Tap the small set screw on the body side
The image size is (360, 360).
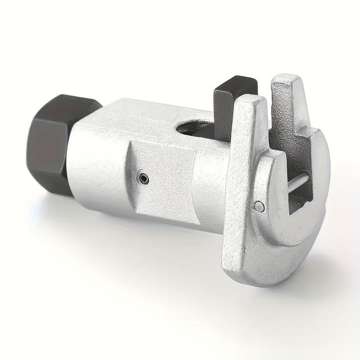point(144,179)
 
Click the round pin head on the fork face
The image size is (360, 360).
point(259,206)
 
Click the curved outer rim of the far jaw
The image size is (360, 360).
point(321,186)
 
